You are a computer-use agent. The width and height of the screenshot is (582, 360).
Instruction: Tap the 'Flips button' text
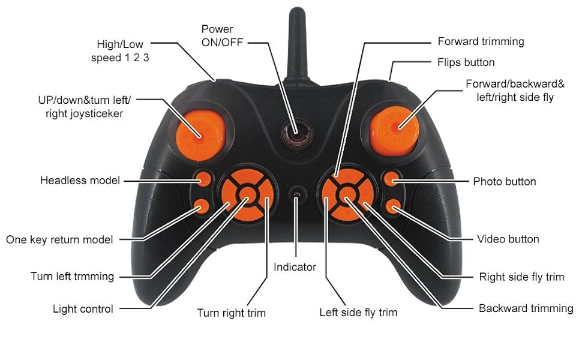tap(466, 62)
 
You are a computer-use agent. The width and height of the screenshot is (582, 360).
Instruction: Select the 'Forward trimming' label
tap(481, 41)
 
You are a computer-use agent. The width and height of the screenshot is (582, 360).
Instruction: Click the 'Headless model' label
tap(80, 181)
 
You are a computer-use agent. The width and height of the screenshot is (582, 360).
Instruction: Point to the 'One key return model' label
tap(59, 239)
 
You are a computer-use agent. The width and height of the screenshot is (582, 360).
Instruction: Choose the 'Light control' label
tap(83, 309)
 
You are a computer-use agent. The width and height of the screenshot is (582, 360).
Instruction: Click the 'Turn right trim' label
tap(231, 313)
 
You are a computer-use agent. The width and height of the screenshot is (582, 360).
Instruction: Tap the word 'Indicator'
tap(295, 267)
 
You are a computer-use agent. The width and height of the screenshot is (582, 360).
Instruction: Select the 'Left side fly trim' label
tap(358, 312)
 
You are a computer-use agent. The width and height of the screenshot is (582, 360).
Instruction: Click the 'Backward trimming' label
tap(526, 308)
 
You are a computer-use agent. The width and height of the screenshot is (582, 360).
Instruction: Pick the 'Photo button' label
tap(505, 181)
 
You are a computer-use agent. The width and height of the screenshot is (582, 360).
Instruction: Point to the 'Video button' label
tap(508, 239)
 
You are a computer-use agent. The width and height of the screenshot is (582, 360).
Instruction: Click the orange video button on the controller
tap(393, 207)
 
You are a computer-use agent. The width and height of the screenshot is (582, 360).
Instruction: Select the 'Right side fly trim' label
tap(521, 277)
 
